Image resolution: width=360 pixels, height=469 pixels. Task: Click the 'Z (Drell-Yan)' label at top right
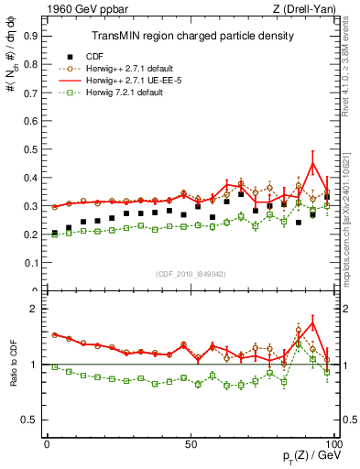coord(306,11)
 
